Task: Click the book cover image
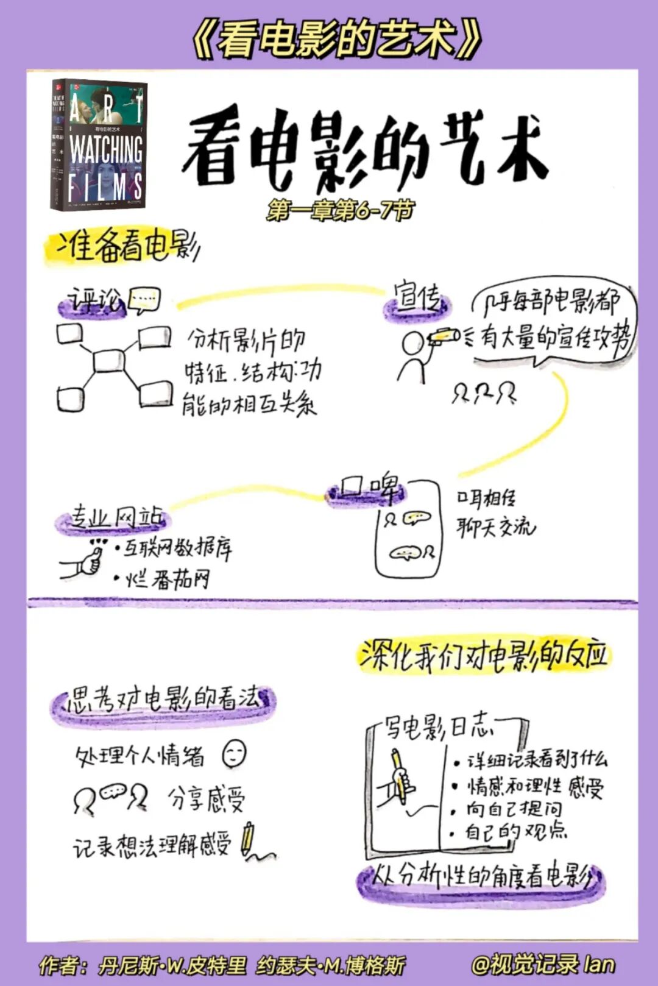click(99, 146)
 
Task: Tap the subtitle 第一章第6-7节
click(340, 211)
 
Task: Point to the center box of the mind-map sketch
click(109, 361)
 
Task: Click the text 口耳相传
click(486, 499)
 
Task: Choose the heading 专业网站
click(116, 518)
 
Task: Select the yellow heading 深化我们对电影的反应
click(484, 655)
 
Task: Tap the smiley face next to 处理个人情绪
click(234, 754)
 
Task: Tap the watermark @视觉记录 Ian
click(543, 964)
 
